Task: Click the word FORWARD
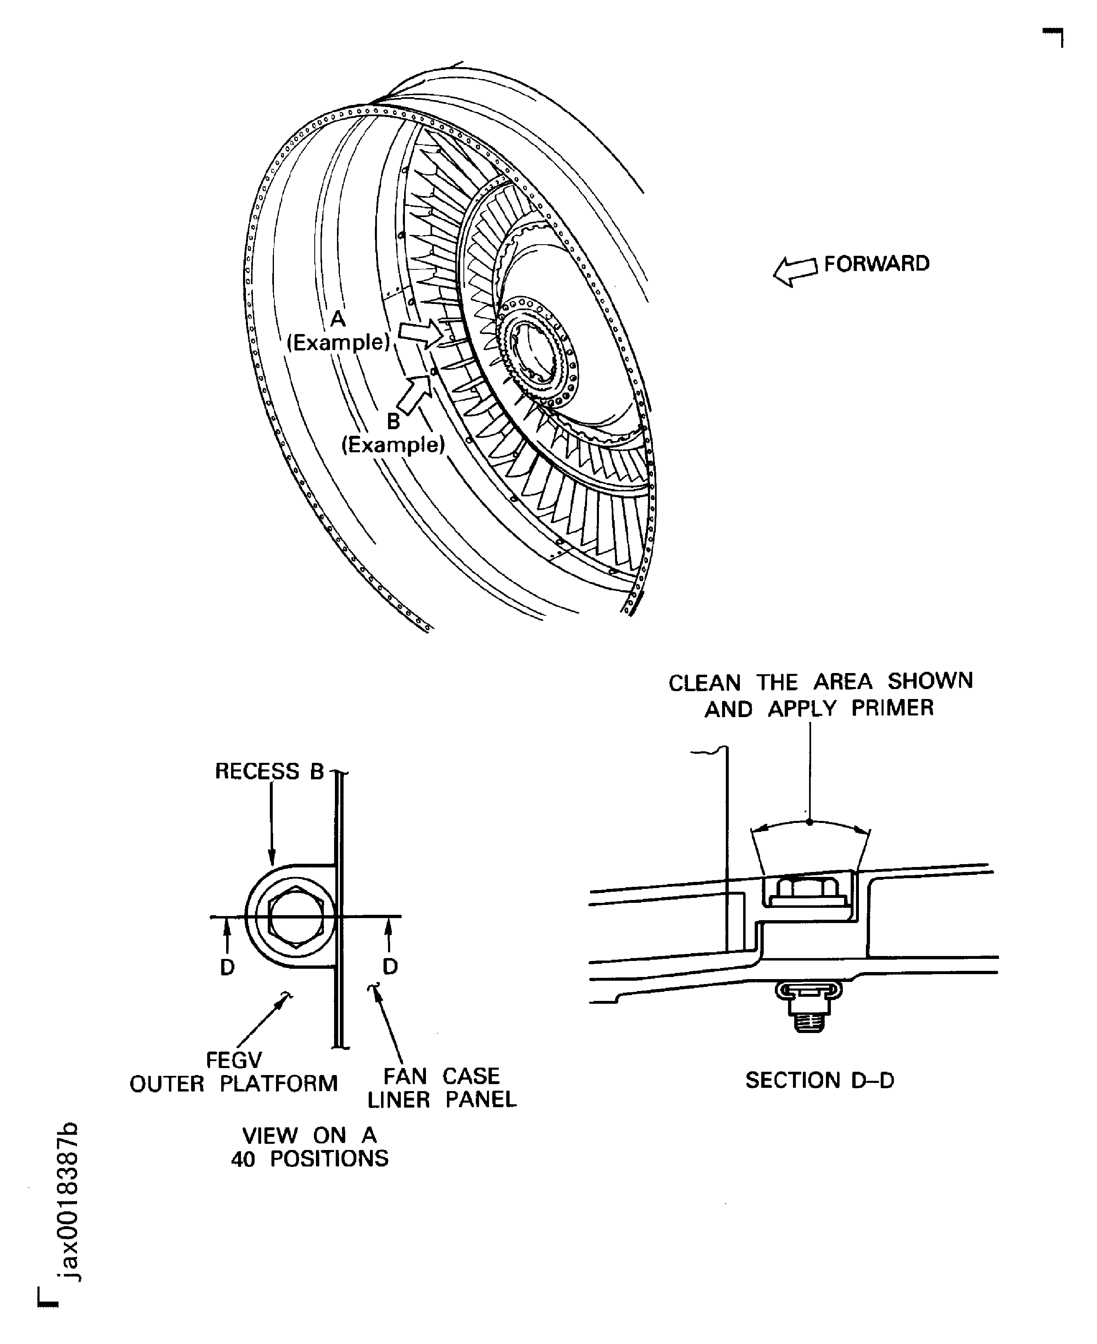point(877,264)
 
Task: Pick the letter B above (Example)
point(393,421)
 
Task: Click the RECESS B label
point(269,771)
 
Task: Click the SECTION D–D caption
point(820,1080)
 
